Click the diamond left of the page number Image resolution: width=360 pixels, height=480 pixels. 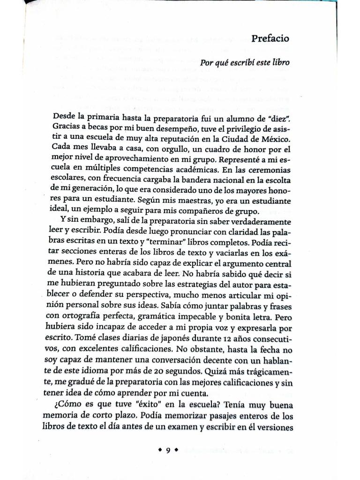[x=159, y=451]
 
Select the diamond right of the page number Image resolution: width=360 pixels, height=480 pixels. [x=176, y=451]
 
